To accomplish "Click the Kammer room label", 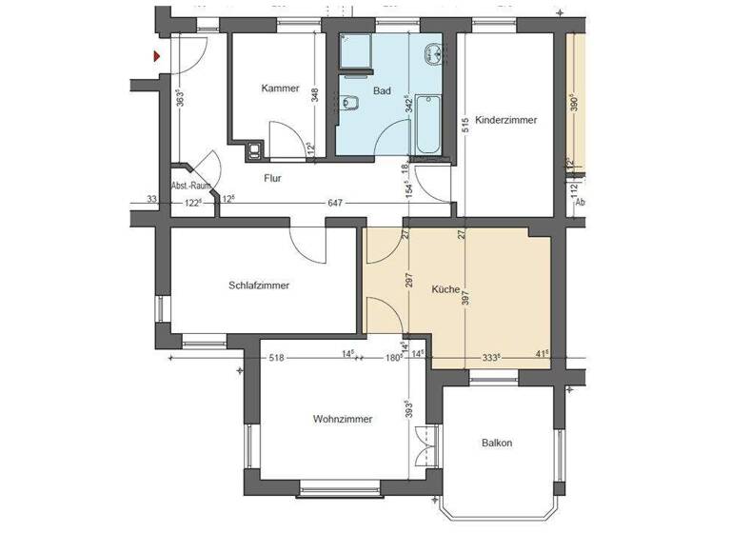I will [280, 89].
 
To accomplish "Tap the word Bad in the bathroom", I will [383, 91].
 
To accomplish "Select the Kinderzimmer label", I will [505, 121].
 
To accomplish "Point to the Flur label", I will [272, 177].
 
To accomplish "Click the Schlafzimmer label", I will [259, 285].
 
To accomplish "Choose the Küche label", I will [445, 289].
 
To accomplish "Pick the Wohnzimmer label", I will [342, 419].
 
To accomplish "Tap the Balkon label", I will [497, 443].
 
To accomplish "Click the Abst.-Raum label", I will [190, 187].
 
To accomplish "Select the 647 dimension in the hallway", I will [334, 202].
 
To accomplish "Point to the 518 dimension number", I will [278, 358].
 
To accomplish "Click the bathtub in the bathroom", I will [425, 126].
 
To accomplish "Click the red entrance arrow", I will [157, 56].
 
